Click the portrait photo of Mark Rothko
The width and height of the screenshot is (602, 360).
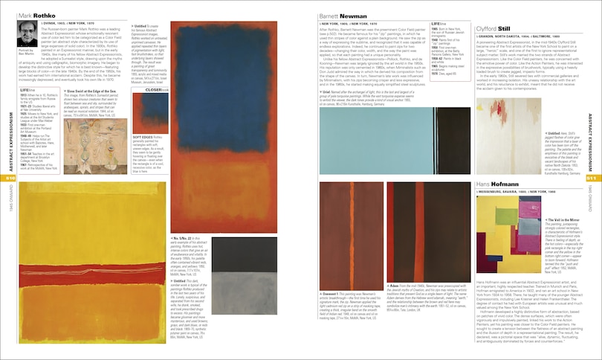tap(27, 33)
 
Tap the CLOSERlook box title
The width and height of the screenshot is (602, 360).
tap(153, 109)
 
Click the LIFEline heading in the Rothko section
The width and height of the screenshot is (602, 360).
tap(28, 111)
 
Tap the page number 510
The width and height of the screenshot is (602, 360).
tap(10, 178)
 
